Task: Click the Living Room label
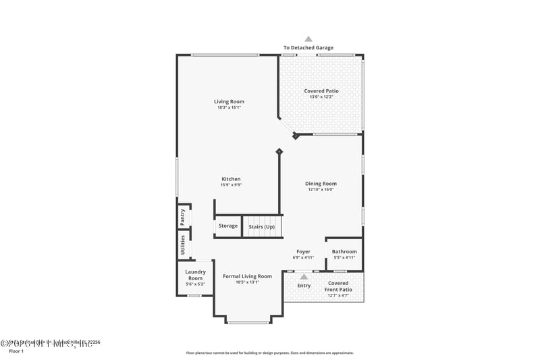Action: pos(230,101)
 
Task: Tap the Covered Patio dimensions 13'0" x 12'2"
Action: pos(321,97)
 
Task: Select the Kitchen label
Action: pos(231,179)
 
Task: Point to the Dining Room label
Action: pos(321,183)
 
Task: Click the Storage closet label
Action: pos(228,226)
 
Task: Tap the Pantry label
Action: pos(182,217)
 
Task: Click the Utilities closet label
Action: pos(182,245)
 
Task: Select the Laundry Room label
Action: pos(195,275)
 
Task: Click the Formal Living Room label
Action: pos(248,276)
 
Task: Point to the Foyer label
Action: pos(304,251)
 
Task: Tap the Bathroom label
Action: pos(344,251)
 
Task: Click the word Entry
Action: pos(304,286)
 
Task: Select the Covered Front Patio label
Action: pos(338,286)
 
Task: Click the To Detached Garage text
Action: pos(308,48)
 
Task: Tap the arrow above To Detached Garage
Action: pos(308,39)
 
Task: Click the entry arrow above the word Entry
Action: pos(304,276)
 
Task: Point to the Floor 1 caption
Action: pos(16,351)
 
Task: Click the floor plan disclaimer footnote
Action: pos(270,353)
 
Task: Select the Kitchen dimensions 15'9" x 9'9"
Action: pos(231,185)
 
